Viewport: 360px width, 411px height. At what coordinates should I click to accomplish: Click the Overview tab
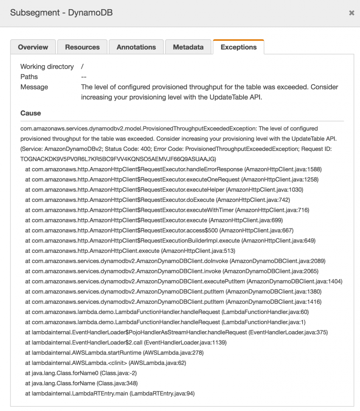click(33, 47)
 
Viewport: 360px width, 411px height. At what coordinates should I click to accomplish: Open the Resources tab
click(82, 47)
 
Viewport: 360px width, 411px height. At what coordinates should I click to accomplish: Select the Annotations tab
click(136, 47)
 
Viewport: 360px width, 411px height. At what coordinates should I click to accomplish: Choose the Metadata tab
click(188, 47)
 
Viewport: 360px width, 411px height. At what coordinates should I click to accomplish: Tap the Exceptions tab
click(239, 47)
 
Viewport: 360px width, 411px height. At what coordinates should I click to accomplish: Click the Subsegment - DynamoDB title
click(61, 13)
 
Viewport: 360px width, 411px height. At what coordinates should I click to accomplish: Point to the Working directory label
click(47, 67)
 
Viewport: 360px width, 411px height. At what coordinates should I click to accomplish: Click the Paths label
click(29, 77)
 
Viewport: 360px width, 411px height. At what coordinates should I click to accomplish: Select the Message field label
click(34, 87)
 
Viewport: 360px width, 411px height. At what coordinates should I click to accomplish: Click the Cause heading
click(31, 113)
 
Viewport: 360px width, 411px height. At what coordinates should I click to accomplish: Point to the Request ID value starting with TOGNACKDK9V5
click(118, 159)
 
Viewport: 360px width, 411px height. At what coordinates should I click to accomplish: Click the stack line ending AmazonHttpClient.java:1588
click(173, 169)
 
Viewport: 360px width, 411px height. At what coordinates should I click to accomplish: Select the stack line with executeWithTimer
click(167, 210)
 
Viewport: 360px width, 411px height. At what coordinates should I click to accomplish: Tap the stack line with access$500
click(160, 230)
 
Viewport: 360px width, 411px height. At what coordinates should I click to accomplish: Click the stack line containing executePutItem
click(184, 281)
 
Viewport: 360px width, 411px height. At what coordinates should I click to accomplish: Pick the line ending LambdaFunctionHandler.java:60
click(167, 312)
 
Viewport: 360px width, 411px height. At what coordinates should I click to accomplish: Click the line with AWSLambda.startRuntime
click(115, 353)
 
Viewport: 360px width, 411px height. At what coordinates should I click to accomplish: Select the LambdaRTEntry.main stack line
click(110, 394)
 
